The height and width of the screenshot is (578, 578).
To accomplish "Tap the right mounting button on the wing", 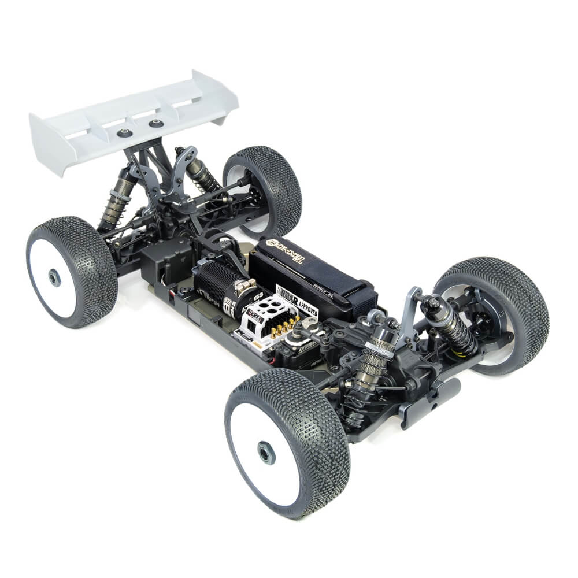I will point(155,123).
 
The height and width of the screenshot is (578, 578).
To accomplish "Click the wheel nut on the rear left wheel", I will point(54,278).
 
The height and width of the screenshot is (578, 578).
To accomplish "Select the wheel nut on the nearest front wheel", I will point(265,453).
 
